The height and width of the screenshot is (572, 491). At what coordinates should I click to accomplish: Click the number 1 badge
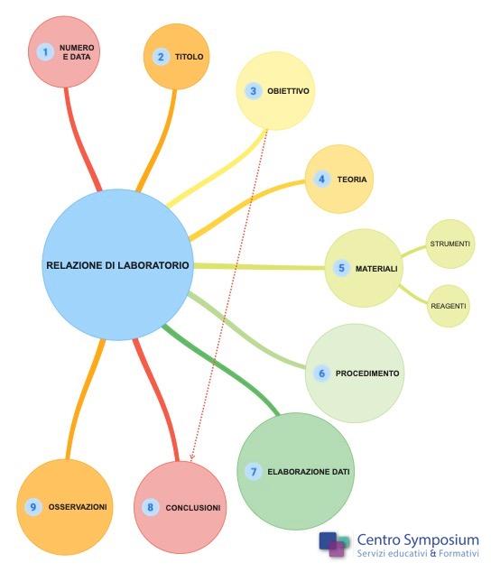coord(45,52)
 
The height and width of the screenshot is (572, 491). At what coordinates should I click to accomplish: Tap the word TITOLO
coord(190,57)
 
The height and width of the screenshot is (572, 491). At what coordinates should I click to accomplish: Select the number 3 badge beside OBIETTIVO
coord(253,91)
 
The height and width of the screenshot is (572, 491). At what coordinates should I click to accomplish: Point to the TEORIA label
coord(352,180)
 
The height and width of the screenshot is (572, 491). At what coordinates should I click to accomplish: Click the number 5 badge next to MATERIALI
coord(341,268)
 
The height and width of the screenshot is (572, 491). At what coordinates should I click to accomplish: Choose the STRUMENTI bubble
coord(450,244)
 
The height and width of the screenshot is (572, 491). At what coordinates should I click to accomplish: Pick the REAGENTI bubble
coord(449,306)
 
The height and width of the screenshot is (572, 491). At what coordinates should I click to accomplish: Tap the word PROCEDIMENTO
coord(367,374)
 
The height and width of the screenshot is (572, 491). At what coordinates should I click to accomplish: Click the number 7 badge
coord(254,471)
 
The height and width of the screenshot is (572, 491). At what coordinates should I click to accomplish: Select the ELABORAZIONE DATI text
coord(309,472)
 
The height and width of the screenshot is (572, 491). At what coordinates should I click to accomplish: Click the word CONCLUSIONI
coord(193,508)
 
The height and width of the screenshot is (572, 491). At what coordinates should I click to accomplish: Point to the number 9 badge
coord(33,507)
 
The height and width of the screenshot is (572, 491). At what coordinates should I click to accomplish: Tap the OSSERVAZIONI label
coord(78,507)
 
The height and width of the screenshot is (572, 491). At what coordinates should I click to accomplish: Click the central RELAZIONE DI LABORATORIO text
coord(117,265)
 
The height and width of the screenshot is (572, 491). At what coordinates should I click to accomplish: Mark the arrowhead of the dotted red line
coord(191,458)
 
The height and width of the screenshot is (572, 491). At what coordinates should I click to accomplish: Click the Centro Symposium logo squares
coord(334,544)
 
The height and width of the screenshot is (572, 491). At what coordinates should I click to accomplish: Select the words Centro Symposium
coord(418,540)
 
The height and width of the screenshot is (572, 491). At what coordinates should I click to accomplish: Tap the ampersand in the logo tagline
coord(433,553)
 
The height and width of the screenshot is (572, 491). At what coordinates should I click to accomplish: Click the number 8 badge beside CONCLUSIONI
coord(150,507)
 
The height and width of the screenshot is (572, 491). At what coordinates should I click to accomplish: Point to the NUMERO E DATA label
coord(77,52)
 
